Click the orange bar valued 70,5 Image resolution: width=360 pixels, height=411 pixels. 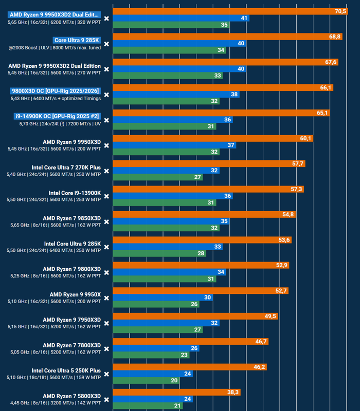coord(230,11)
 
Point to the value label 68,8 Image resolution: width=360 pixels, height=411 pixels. coord(335,36)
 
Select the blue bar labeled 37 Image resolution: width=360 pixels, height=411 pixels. coord(174,145)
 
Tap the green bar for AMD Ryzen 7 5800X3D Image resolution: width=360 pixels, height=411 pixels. coord(148,406)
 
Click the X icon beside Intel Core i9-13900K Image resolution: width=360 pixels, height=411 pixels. coord(106,196)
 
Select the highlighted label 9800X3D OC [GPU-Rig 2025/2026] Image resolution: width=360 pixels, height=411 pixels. coord(56,91)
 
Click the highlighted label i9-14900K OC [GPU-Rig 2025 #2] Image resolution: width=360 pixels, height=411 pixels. coord(57,117)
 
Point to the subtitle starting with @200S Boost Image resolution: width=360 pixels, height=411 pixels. coord(55,48)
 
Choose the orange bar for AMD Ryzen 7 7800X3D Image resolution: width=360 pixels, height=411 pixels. coord(190,342)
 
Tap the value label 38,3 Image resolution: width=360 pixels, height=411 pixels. coord(233,393)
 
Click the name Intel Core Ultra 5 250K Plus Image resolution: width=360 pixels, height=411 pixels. coord(66,370)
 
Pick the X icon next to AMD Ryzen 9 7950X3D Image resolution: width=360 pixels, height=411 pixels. coord(106,324)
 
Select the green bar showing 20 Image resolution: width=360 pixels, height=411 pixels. coord(146,380)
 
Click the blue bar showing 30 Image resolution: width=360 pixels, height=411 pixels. coord(163,297)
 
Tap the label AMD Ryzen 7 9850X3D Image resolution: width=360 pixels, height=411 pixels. coord(71,218)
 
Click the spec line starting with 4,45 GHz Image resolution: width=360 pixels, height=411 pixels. coord(56,403)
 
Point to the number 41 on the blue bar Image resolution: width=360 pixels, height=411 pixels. coord(244,18)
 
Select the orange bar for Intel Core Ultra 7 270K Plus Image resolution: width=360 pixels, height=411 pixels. coord(209,164)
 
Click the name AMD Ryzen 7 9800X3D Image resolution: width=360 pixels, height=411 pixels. coord(71,269)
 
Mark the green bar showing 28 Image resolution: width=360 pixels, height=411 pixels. coord(159,253)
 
